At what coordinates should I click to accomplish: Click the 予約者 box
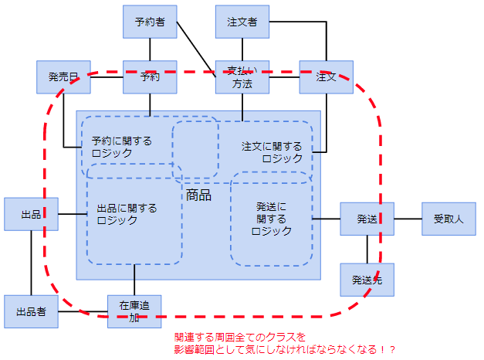[150, 22]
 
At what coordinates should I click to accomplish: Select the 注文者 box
[242, 22]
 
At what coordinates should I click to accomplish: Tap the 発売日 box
[63, 76]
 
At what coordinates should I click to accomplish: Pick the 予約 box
[150, 76]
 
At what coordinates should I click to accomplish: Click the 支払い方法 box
[242, 77]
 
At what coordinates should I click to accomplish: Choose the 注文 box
[326, 76]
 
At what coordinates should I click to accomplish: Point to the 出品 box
[31, 214]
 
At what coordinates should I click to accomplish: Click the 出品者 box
[31, 311]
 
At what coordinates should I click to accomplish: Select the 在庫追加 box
[134, 311]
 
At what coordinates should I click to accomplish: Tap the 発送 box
[367, 219]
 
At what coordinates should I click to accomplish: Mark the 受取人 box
[448, 219]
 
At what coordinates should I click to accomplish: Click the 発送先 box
[367, 280]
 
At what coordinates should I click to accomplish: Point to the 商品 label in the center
[198, 195]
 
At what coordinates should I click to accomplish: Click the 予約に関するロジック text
[121, 147]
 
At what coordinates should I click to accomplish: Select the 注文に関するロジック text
[272, 152]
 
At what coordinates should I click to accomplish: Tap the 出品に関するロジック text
[127, 214]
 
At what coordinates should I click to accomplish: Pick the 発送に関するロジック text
[271, 219]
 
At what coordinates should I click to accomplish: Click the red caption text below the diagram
[285, 344]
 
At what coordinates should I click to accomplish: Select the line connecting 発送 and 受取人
[408, 219]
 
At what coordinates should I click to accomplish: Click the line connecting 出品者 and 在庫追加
[83, 311]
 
